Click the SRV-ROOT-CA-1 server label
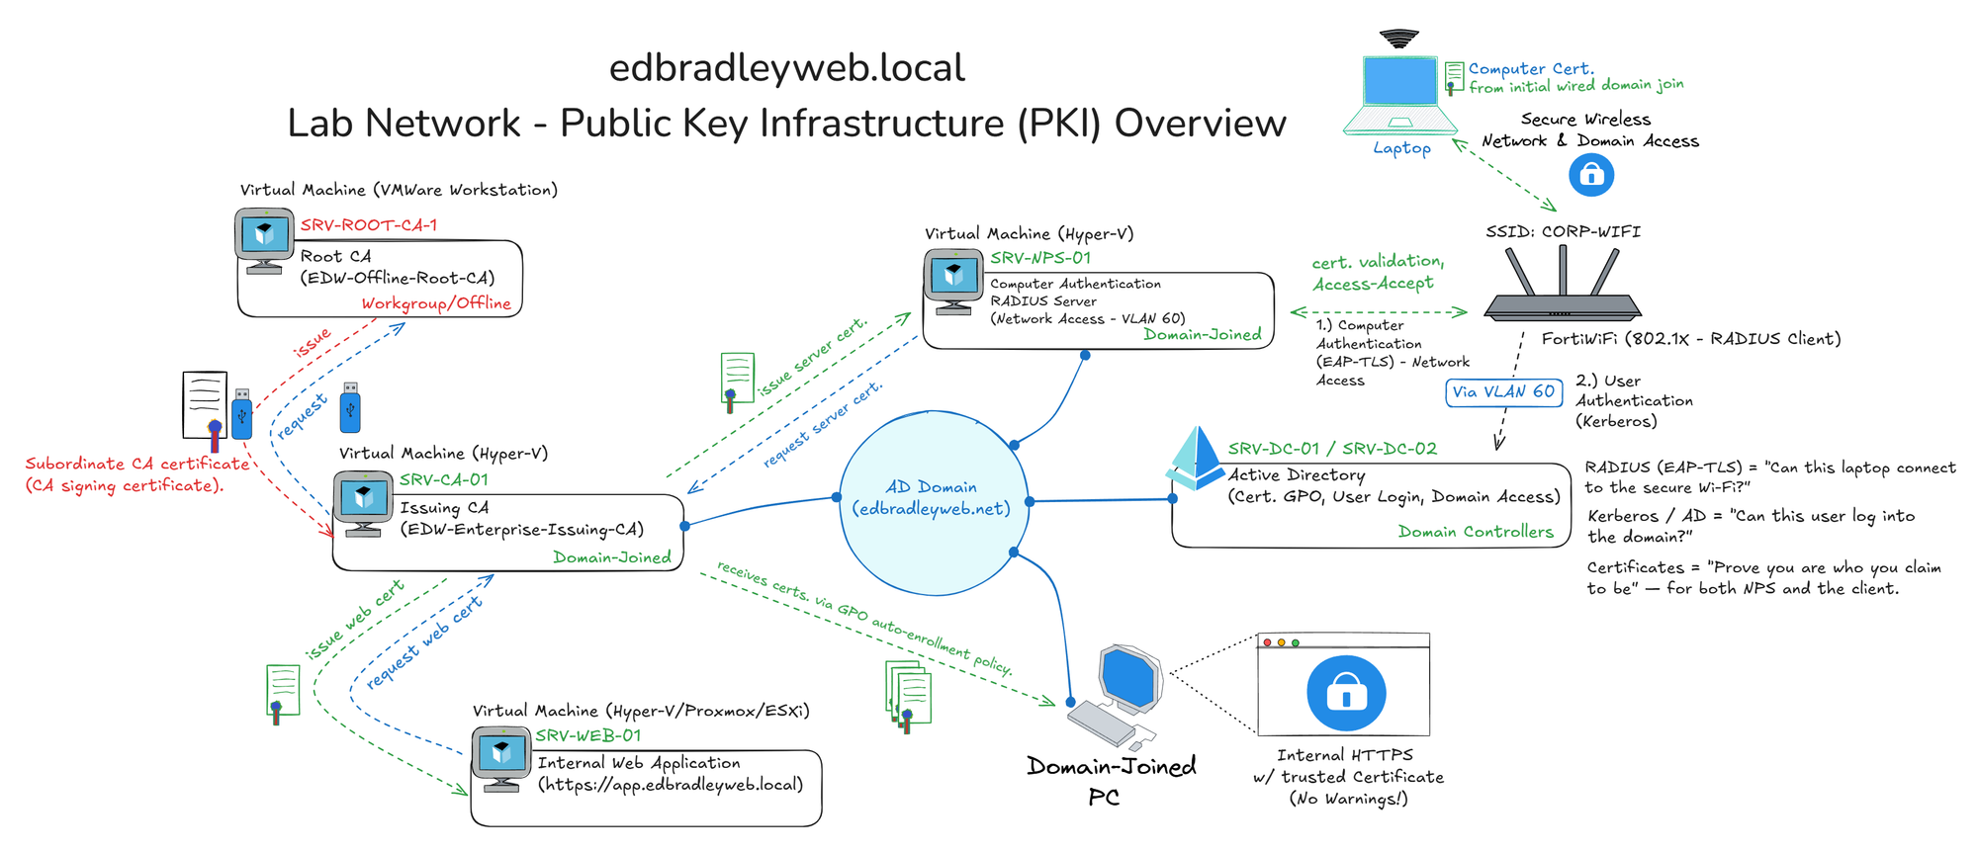pyautogui.click(x=368, y=225)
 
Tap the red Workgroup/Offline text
pyautogui.click(x=436, y=303)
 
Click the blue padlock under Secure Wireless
pyautogui.click(x=1591, y=175)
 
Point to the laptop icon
pyautogui.click(x=1399, y=96)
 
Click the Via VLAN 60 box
pyautogui.click(x=1503, y=392)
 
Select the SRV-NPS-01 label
pyautogui.click(x=1039, y=258)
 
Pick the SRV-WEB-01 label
pyautogui.click(x=587, y=736)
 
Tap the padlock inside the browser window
pyautogui.click(x=1346, y=693)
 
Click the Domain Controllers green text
pyautogui.click(x=1476, y=532)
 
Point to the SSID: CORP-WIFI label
pyautogui.click(x=1563, y=232)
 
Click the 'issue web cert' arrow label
pyautogui.click(x=354, y=620)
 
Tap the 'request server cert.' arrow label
pyautogui.click(x=823, y=424)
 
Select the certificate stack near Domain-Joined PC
pyautogui.click(x=908, y=696)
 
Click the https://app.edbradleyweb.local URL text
pyautogui.click(x=671, y=785)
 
